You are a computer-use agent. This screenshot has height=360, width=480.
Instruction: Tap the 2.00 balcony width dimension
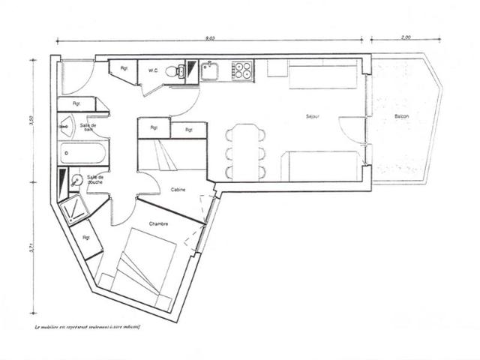pos(406,34)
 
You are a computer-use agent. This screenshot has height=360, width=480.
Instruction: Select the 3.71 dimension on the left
pos(31,248)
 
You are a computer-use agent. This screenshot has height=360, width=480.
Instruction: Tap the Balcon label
pos(401,117)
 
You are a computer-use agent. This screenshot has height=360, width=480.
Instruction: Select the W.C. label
pos(153,70)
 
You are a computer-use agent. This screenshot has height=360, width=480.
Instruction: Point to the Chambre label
pos(158,223)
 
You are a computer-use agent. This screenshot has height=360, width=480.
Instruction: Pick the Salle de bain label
pos(88,127)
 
